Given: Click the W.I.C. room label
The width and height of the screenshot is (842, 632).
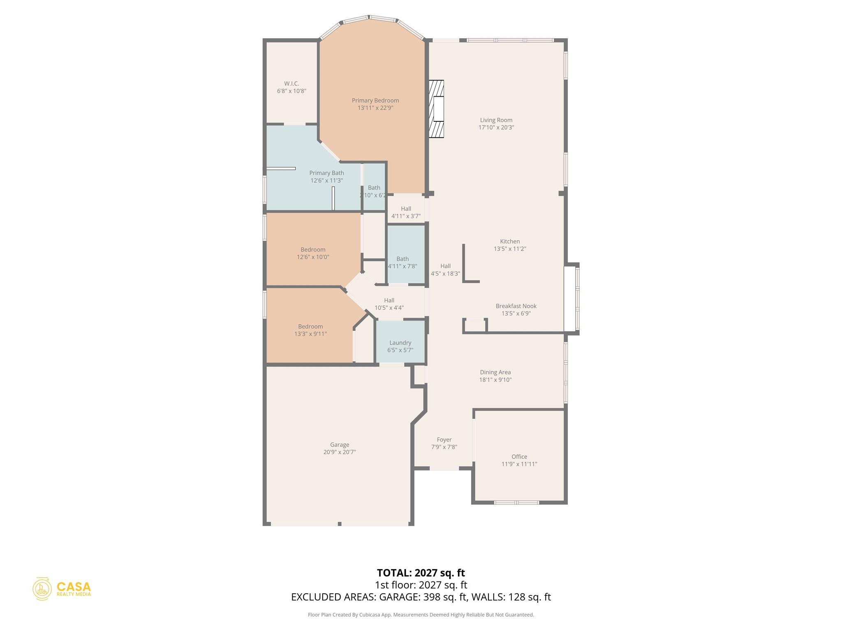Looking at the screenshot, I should pos(291,84).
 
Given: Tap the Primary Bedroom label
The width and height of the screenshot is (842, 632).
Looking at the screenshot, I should pos(375,100).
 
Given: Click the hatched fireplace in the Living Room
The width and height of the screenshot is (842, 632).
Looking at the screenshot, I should pos(437,109).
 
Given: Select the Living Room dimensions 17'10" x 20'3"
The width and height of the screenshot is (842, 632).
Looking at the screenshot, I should pos(496,128).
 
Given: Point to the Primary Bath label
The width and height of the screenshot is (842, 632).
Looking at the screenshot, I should pos(326,173).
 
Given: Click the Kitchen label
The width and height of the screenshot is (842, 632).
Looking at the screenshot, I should pos(510,242).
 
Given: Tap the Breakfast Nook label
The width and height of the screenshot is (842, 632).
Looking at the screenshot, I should pos(516,306).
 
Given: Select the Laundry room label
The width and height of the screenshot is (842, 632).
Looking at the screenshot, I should pos(400,343).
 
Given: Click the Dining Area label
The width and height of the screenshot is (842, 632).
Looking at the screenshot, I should pos(495,372).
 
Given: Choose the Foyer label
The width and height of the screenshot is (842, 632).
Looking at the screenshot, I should pos(444,440).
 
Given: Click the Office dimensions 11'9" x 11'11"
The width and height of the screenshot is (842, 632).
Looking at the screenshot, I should pos(519,464).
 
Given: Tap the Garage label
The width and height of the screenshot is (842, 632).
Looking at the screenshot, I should pos(340,445).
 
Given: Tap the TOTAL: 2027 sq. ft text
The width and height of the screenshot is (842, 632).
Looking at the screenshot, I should pos(421,573).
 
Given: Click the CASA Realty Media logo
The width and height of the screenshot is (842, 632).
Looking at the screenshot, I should pos(62,589).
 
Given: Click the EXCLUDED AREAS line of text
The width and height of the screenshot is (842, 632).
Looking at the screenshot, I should pos(421,597).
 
